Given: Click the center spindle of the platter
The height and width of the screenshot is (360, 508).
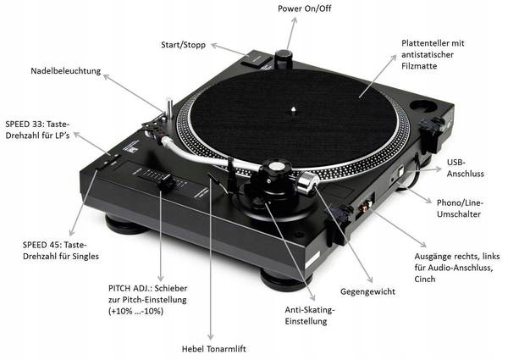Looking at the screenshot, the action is (x=292, y=108).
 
